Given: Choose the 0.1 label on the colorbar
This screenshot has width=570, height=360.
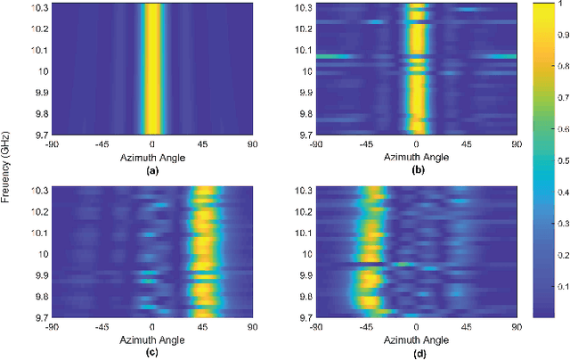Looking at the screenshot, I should [x=560, y=286].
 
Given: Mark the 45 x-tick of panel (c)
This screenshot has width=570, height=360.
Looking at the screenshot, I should [x=203, y=327].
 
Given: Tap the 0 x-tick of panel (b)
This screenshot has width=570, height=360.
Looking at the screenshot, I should [x=416, y=145].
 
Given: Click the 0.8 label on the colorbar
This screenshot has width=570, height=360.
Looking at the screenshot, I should [x=560, y=65].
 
